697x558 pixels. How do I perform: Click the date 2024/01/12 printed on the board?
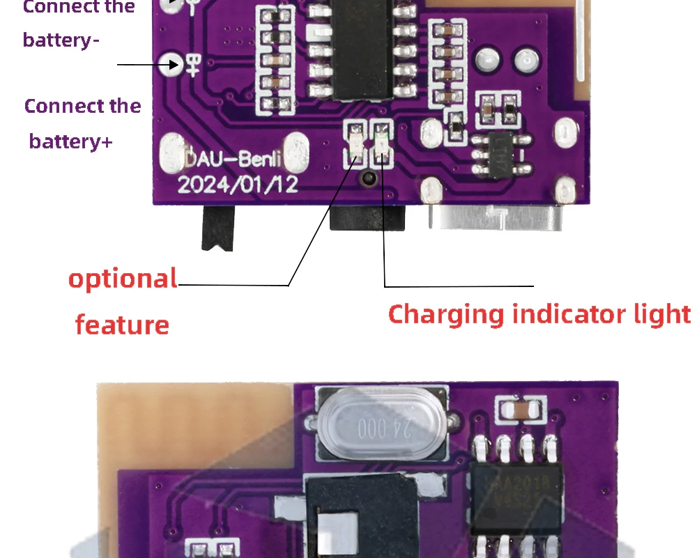[x=238, y=184]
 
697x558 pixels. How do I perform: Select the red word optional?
[x=123, y=278]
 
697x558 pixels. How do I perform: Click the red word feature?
[x=122, y=325]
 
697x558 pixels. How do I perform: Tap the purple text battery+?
[x=70, y=141]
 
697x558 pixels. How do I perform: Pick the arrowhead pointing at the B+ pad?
[x=155, y=65]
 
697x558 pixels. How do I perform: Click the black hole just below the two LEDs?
[x=369, y=178]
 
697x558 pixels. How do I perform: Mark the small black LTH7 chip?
[x=500, y=155]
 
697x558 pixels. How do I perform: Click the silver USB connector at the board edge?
[x=496, y=217]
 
